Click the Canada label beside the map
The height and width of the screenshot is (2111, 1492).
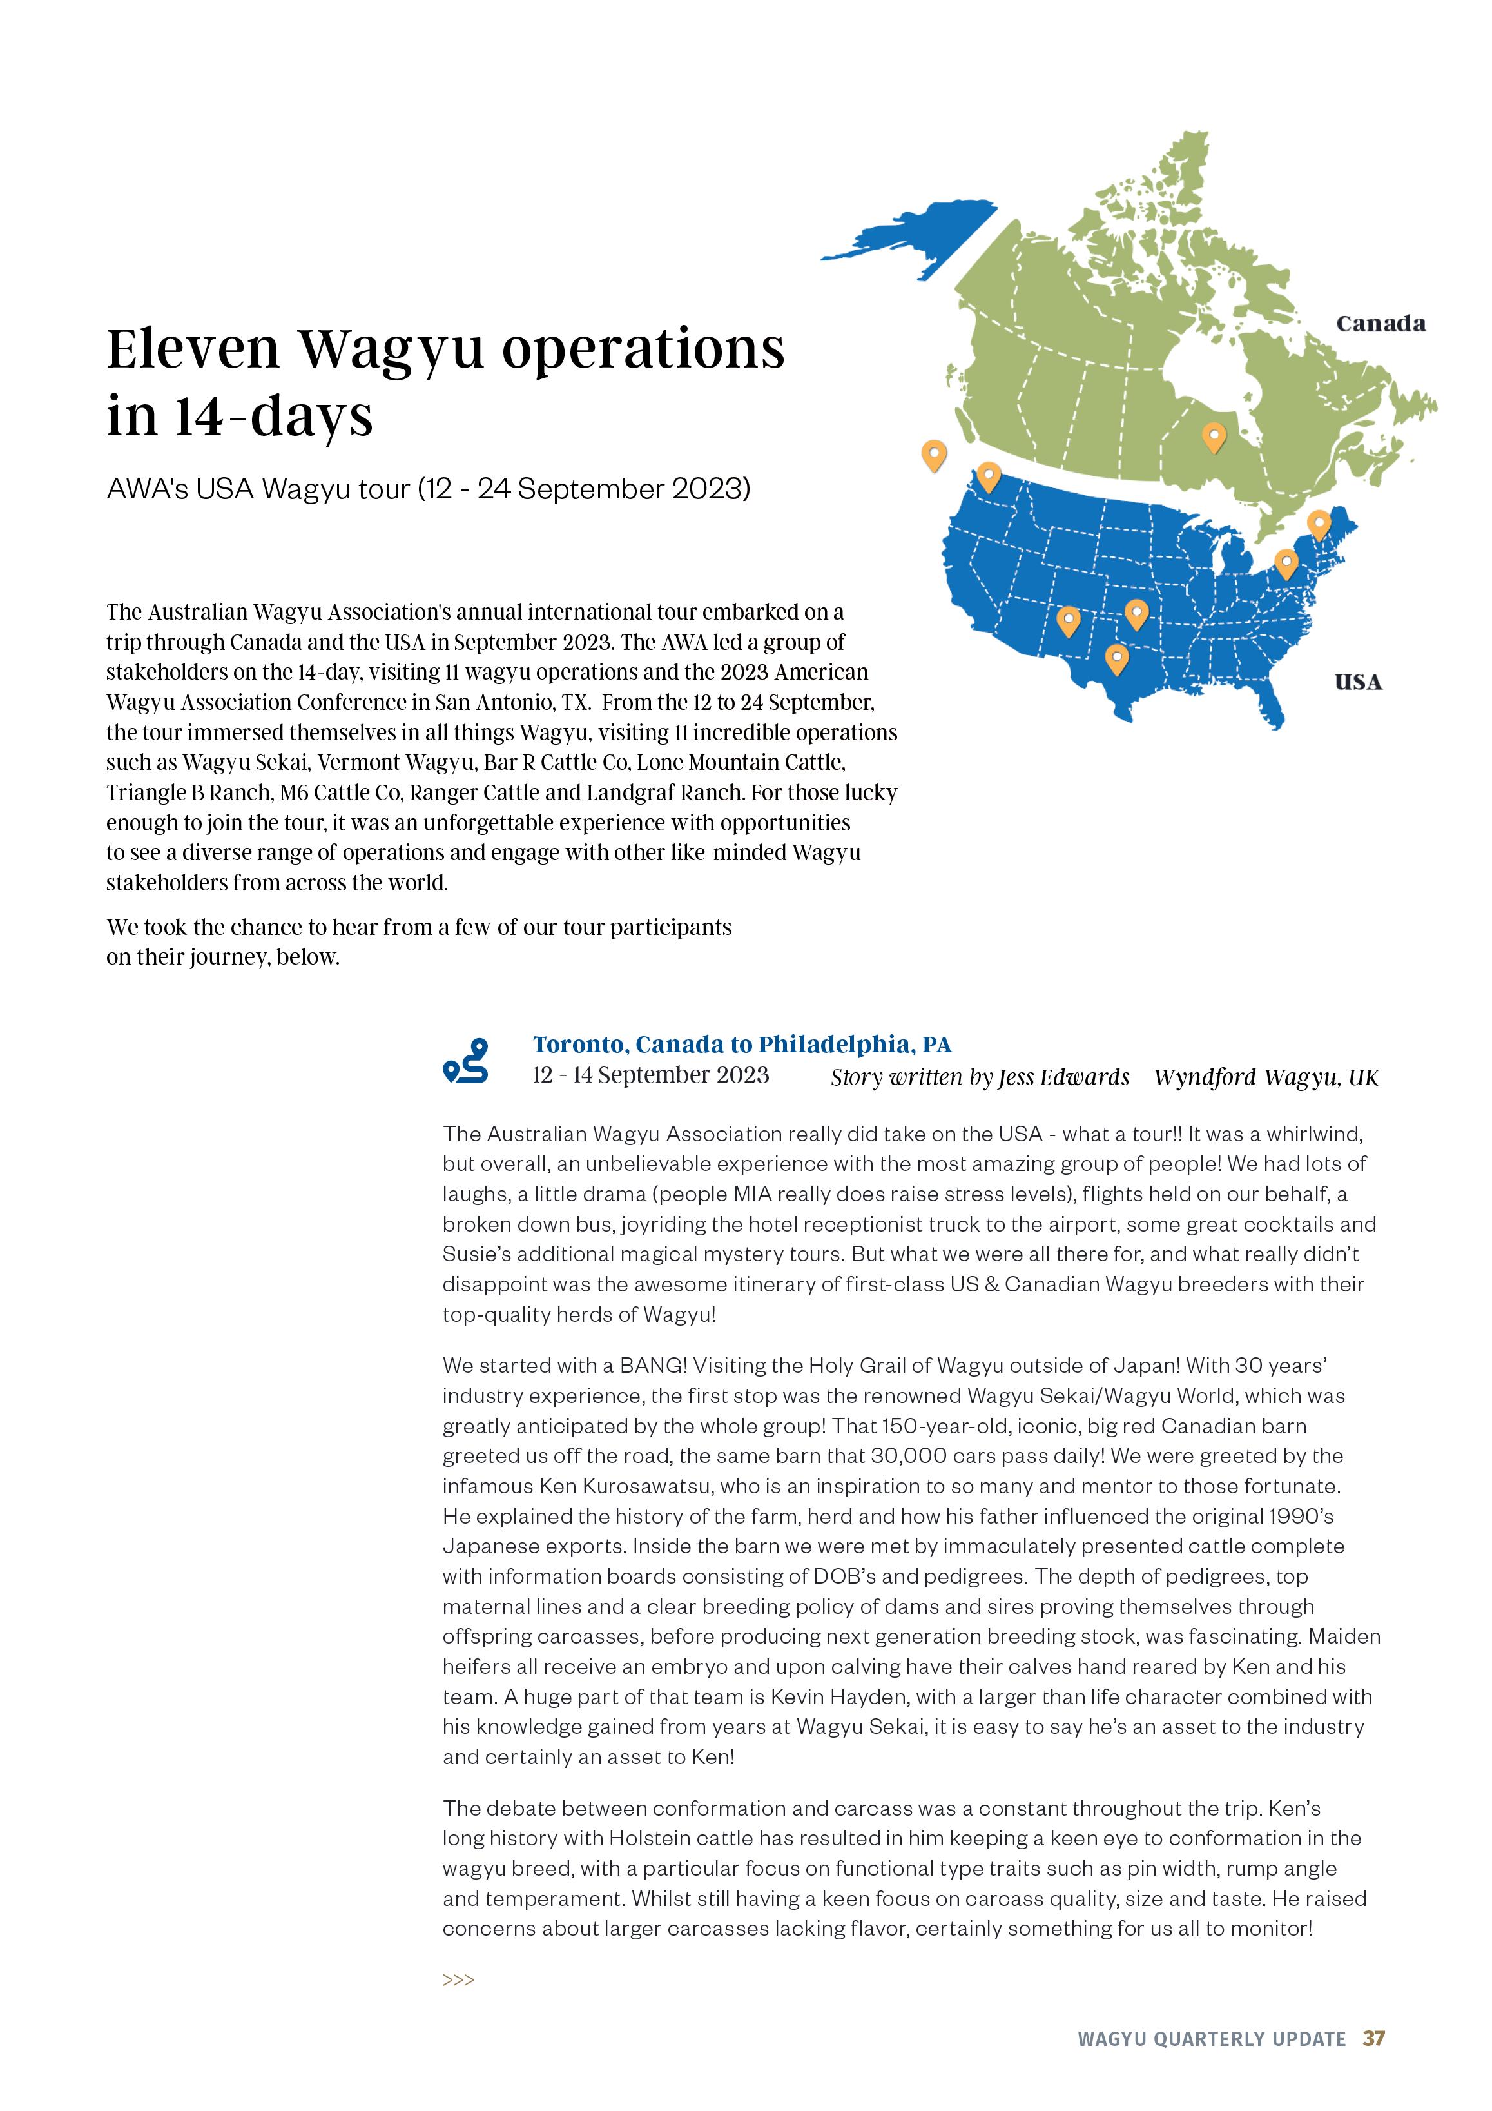pos(1380,324)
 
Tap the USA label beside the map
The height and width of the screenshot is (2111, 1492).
pos(1358,682)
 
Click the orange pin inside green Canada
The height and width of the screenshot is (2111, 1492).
pos(1214,438)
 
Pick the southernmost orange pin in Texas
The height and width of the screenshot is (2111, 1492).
pos(1116,659)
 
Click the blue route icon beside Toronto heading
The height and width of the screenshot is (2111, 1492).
pos(465,1061)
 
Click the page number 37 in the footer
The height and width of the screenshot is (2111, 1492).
pos(1373,2038)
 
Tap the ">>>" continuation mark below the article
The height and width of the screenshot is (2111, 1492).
pos(458,1979)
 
